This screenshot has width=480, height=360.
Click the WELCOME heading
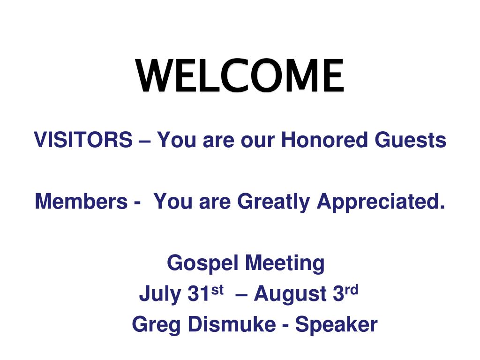pos(240,76)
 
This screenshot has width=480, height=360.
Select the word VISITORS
pos(83,140)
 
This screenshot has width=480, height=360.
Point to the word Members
pos(81,202)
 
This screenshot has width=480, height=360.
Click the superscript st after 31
pos(217,290)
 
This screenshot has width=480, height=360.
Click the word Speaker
pos(336,325)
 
